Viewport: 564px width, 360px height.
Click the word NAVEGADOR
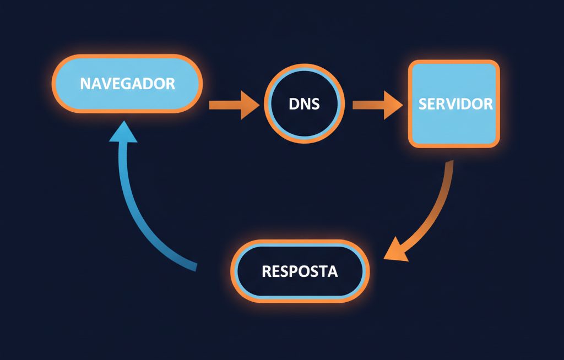(127, 84)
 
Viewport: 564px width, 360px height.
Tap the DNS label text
(304, 103)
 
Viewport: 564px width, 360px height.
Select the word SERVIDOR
(455, 104)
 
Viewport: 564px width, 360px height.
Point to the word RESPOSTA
(300, 271)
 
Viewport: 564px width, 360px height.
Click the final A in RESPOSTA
(332, 271)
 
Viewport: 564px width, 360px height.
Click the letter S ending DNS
(315, 103)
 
